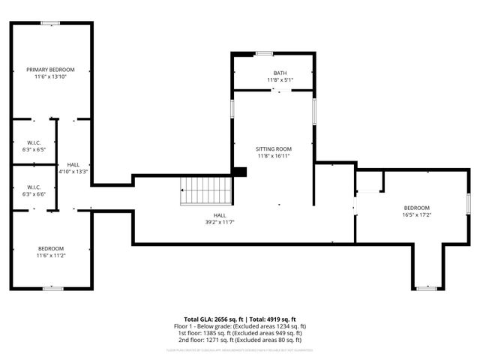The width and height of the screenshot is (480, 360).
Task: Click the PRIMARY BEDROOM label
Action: pyautogui.click(x=51, y=69)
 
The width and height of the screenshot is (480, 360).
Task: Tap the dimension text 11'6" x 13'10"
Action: pyautogui.click(x=51, y=76)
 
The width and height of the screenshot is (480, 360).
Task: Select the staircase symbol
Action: pyautogui.click(x=205, y=190)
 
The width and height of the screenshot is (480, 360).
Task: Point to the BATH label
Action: pyautogui.click(x=280, y=73)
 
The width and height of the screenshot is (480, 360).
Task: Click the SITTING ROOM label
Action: pyautogui.click(x=273, y=149)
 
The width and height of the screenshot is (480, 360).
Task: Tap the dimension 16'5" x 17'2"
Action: pyautogui.click(x=417, y=214)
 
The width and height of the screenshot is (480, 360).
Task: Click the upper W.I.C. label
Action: pyautogui.click(x=34, y=142)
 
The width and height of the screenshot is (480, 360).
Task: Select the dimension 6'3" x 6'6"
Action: pyautogui.click(x=34, y=194)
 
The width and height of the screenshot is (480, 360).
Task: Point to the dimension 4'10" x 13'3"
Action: pyautogui.click(x=73, y=171)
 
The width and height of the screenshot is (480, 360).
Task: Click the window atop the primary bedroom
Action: pyautogui.click(x=51, y=23)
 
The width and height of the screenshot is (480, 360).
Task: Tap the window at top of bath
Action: pyautogui.click(x=264, y=53)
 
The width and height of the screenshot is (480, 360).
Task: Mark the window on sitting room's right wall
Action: pyautogui.click(x=314, y=111)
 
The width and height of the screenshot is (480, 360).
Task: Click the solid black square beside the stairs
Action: pyautogui.click(x=239, y=172)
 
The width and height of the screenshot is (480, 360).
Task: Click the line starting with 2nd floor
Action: pyautogui.click(x=240, y=340)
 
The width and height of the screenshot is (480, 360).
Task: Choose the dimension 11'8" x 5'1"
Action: pyautogui.click(x=280, y=80)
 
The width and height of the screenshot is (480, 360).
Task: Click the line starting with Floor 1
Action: pyautogui.click(x=240, y=326)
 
